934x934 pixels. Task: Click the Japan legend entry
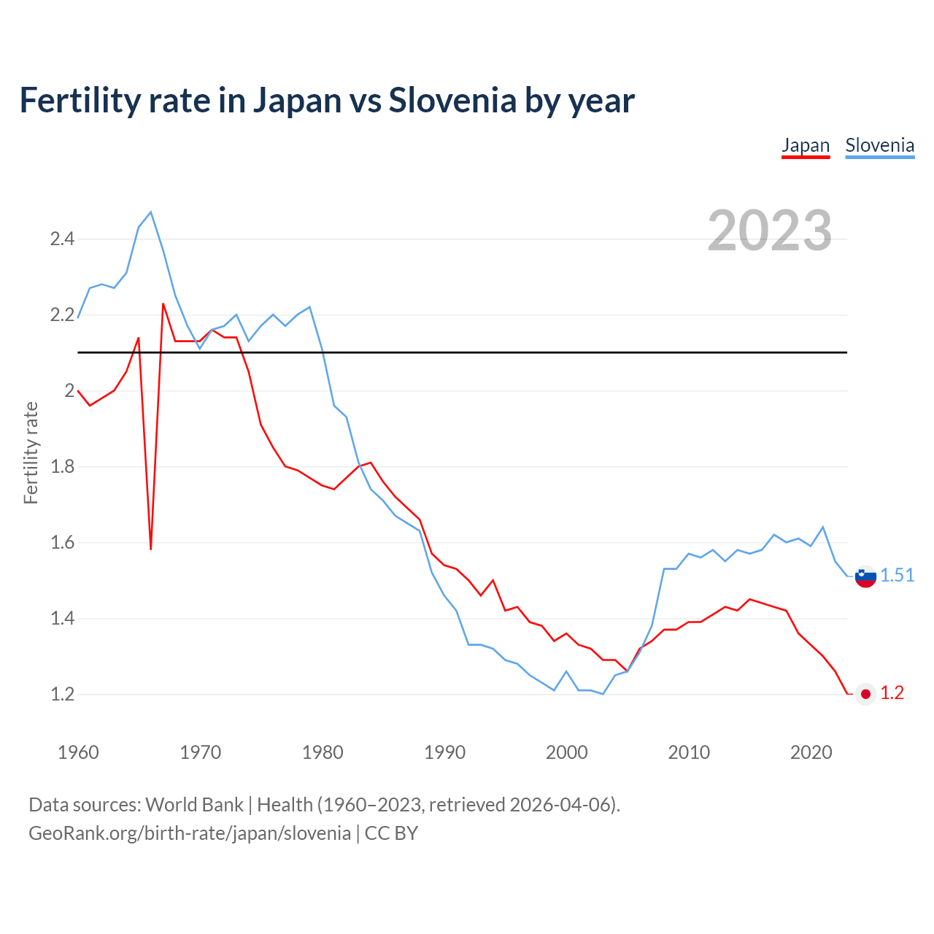tap(806, 145)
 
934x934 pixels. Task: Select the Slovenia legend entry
tap(879, 145)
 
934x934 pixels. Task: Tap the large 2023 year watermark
tap(770, 231)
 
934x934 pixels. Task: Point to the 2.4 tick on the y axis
tap(62, 239)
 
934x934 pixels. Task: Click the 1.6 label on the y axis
tap(62, 543)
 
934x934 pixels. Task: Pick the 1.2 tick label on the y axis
tap(62, 695)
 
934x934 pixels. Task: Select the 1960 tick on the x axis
tap(78, 752)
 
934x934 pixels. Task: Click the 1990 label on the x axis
tap(444, 752)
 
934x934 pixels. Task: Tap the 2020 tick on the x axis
tap(811, 752)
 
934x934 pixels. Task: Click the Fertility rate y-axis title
tap(31, 452)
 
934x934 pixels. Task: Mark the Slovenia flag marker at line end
tap(865, 576)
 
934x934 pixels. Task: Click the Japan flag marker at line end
tap(865, 694)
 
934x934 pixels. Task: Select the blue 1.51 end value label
tap(898, 576)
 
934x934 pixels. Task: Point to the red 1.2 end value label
tap(892, 693)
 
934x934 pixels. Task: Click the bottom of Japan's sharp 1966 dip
tap(151, 548)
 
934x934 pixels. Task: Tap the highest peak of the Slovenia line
tap(151, 212)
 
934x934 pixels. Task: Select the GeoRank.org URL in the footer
tap(190, 833)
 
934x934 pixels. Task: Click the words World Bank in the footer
tap(194, 805)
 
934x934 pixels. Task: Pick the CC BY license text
tap(391, 833)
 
